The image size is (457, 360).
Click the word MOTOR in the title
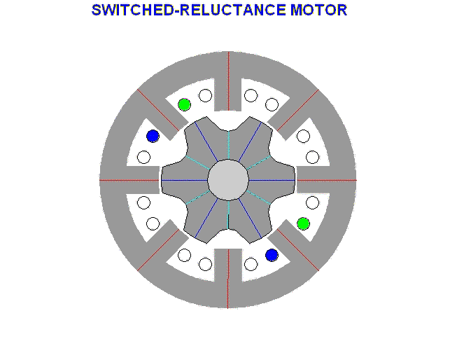(318, 11)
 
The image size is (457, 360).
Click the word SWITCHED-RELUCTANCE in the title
(189, 11)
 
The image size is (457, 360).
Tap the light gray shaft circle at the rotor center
(228, 180)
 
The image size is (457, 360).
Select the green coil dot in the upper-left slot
(184, 105)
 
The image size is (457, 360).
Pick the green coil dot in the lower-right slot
(303, 223)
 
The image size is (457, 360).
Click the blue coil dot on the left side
(153, 137)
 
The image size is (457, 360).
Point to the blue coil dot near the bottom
(272, 255)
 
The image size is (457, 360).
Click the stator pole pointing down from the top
(228, 95)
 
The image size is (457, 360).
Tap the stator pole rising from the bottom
(228, 265)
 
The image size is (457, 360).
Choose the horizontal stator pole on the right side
(314, 180)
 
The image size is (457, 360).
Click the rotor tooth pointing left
(175, 180)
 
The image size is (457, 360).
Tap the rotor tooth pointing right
(281, 180)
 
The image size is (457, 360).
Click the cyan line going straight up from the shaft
(228, 145)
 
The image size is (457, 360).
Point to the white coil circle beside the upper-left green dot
(205, 95)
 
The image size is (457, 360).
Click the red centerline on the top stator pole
(229, 81)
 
